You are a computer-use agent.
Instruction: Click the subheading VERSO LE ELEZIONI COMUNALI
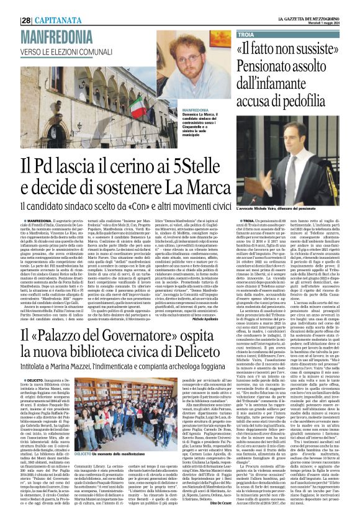pos(63,50)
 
